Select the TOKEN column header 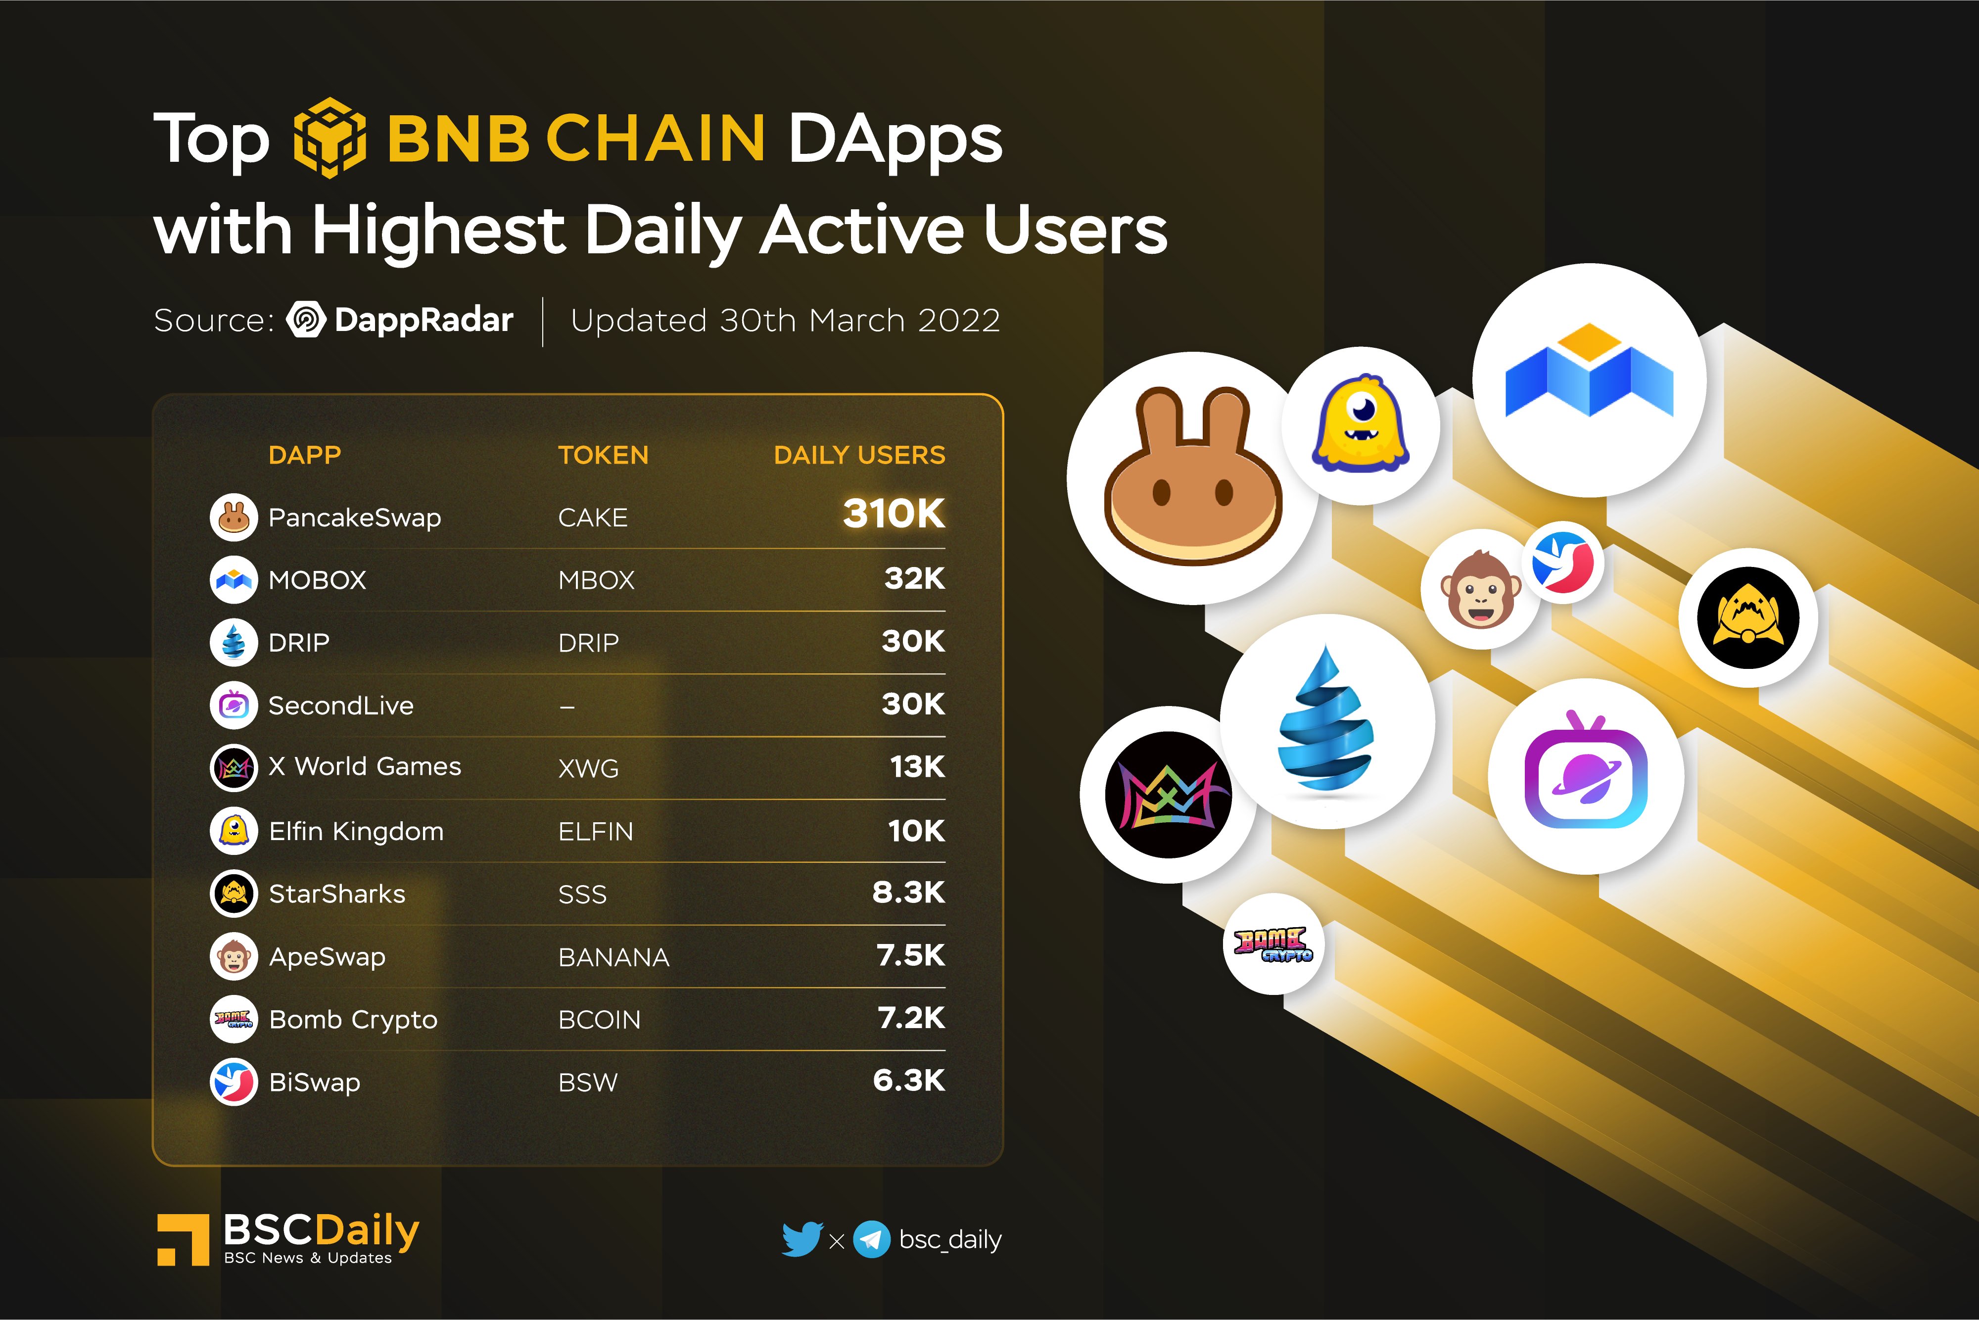click(603, 456)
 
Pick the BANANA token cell click(613, 957)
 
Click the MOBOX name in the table click(317, 580)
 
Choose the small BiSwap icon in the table click(233, 1082)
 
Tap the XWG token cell click(588, 768)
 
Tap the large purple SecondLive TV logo click(1585, 774)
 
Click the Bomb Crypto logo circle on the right click(1273, 943)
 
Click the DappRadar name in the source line click(424, 320)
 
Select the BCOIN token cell click(599, 1020)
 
